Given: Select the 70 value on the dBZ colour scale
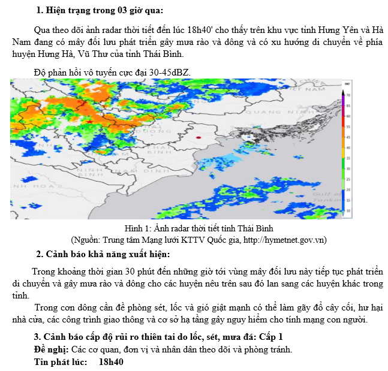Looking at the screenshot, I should coord(348,95).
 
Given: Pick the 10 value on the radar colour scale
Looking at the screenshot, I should coord(348,211).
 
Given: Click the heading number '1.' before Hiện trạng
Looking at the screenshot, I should coord(40,10).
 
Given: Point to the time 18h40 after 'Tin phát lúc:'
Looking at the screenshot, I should coord(111,363).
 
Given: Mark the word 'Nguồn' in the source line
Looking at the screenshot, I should coord(86,240).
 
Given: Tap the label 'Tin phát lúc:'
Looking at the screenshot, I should coord(61,363).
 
